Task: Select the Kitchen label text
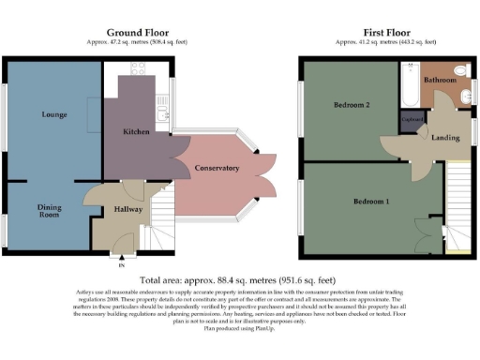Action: coord(137,132)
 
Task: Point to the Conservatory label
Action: coord(217,168)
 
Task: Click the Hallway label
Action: coord(127,210)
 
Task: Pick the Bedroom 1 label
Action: coord(370,202)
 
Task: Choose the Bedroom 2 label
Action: coord(353,106)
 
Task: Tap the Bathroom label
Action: coord(439,81)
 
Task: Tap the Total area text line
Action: coord(239,279)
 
